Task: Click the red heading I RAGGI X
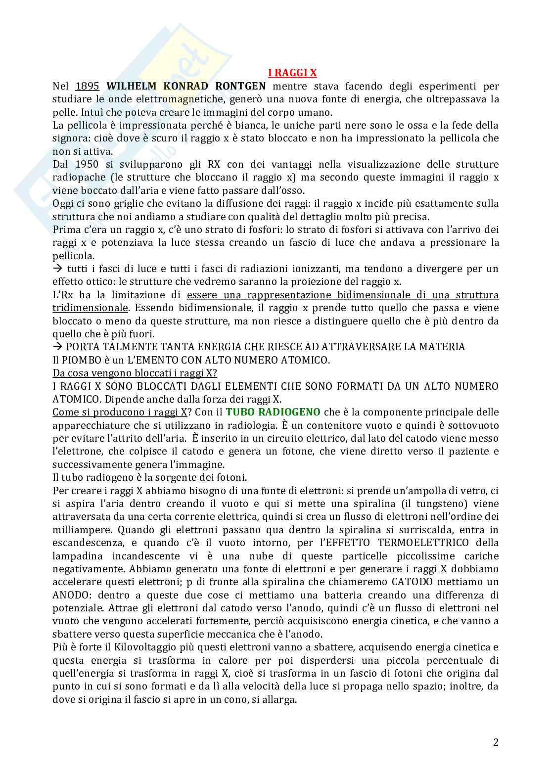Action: [x=292, y=73]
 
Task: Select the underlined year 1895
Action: [x=88, y=86]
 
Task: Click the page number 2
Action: [x=496, y=742]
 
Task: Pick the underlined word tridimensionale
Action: [x=90, y=308]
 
